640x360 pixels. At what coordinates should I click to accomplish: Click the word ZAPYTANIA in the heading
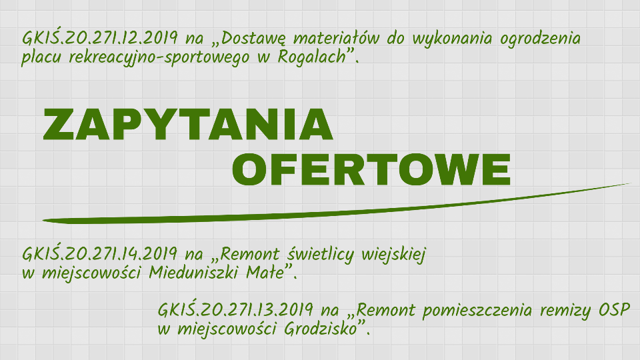click(188, 124)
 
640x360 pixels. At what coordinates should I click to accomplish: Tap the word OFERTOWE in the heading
click(371, 169)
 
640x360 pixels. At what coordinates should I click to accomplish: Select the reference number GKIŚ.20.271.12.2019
click(99, 37)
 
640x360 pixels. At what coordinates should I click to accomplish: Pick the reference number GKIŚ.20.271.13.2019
click(236, 311)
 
